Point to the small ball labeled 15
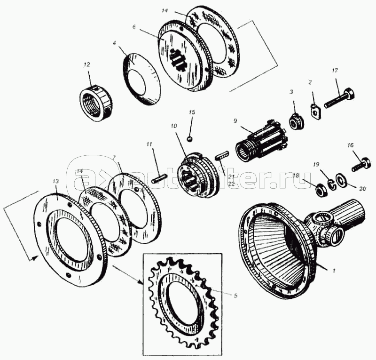[190, 138]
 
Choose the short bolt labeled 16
[361, 164]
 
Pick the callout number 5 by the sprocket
[235, 296]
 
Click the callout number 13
[56, 181]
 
